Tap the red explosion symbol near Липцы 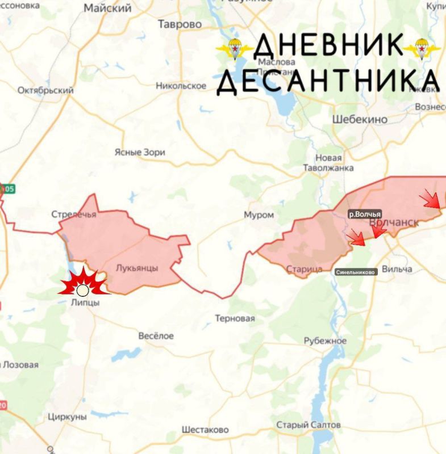pos(83,283)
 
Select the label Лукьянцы pos(136,268)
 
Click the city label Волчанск pos(394,223)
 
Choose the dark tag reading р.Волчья pos(364,214)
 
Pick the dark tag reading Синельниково pos(356,272)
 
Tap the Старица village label pos(305,268)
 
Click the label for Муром pos(259,215)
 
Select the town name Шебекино pos(359,119)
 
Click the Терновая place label pos(235,318)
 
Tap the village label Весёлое pos(156,336)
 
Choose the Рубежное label pos(325,340)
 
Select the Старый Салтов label pos(309,425)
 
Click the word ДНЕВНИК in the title pos(328,45)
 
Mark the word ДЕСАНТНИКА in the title pos(328,81)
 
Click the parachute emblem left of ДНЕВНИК pos(234,49)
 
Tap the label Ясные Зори pos(140,152)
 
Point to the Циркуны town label pos(68,417)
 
